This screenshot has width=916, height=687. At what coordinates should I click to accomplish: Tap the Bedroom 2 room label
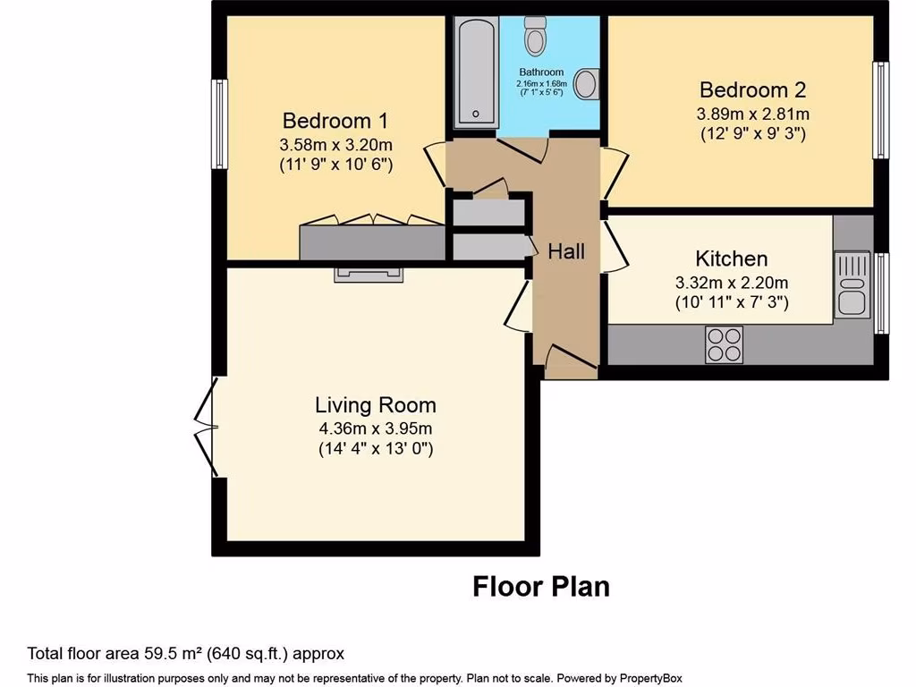click(752, 89)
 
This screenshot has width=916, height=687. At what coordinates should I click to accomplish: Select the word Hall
click(566, 251)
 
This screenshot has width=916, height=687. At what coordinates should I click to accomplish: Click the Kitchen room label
click(732, 259)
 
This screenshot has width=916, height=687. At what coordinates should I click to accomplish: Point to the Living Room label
click(376, 404)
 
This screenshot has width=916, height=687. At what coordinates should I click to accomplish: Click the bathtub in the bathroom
click(475, 72)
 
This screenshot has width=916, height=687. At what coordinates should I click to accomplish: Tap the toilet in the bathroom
click(537, 35)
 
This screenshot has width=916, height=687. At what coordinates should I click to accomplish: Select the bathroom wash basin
click(586, 84)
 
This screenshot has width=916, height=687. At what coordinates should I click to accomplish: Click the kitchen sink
click(852, 284)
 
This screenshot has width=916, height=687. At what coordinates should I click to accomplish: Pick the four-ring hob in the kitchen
click(725, 343)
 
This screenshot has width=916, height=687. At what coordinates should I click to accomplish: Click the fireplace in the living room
click(369, 275)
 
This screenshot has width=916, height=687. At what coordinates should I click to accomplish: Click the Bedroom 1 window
click(219, 123)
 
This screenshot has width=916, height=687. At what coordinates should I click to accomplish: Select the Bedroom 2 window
click(881, 110)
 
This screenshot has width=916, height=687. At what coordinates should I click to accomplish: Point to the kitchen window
click(882, 293)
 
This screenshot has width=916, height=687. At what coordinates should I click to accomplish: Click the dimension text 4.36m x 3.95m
click(376, 428)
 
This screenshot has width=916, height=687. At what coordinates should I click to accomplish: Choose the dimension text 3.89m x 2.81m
click(752, 114)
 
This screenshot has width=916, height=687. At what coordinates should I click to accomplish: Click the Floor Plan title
click(540, 587)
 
